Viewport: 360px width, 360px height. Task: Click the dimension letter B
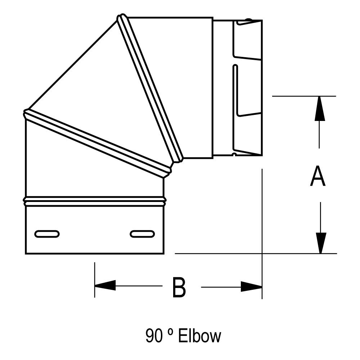click(179, 287)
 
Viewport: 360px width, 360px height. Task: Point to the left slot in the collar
click(47, 234)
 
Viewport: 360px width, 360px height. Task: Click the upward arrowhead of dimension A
click(319, 108)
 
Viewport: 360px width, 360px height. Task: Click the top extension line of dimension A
click(304, 96)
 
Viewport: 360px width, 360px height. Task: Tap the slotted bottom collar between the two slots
click(94, 234)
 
